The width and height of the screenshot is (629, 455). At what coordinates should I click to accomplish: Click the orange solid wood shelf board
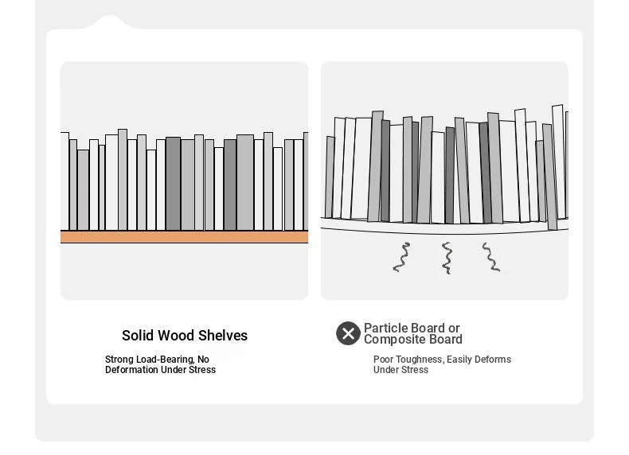[184, 236]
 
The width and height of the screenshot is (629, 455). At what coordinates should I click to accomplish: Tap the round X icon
[348, 333]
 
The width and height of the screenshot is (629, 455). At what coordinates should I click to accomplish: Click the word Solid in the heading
[138, 336]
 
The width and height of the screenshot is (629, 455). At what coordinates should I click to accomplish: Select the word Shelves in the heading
[223, 336]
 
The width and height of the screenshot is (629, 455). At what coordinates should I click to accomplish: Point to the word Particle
[389, 328]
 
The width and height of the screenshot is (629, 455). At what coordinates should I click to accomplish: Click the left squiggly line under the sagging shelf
[401, 258]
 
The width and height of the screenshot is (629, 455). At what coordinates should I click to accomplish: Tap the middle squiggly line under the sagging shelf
[447, 259]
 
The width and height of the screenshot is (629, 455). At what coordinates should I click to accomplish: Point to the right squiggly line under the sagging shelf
[491, 257]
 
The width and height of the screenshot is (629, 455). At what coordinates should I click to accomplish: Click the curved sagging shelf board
[444, 227]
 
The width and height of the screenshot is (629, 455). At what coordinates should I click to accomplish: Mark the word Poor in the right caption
[384, 360]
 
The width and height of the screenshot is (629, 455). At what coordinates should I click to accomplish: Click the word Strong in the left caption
[119, 360]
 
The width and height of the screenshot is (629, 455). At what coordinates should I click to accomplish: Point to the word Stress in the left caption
[202, 370]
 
